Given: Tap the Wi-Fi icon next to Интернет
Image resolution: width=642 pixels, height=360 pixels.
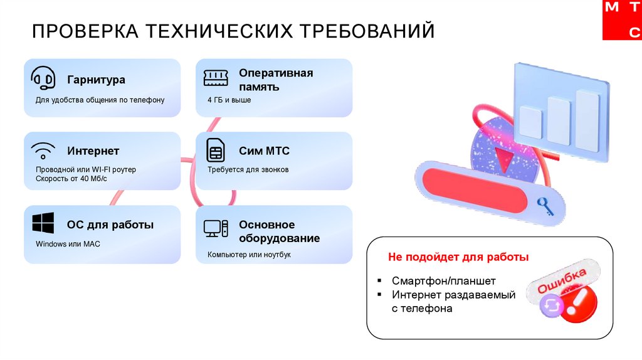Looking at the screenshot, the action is (43, 151).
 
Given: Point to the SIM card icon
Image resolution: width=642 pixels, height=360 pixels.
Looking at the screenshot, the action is (215, 151).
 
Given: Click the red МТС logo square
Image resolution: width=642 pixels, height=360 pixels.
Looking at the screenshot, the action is (622, 20).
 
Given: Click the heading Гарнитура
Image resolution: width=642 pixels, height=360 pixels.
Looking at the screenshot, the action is (97, 80).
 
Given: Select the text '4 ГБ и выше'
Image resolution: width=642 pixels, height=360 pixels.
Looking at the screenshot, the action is (229, 100).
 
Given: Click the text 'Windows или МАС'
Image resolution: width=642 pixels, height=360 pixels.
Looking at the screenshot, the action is (68, 244).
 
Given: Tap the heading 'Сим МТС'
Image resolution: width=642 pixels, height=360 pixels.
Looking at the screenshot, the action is (264, 151).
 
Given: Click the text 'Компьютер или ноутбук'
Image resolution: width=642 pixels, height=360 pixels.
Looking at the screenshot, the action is (249, 255).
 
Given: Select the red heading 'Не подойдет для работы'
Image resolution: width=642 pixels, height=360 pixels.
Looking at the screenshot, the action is (458, 257).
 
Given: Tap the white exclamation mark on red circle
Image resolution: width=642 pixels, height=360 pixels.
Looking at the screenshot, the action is (576, 303).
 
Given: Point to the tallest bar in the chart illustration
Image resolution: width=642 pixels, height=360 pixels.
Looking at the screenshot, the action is (587, 120).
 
